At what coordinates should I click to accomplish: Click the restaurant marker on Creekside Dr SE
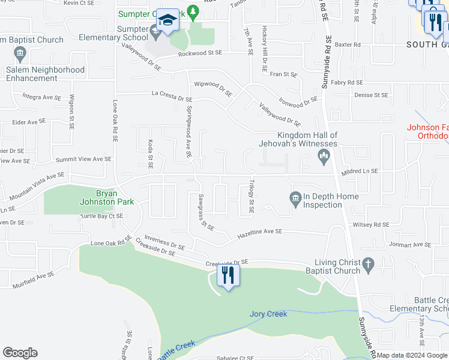click(228, 275)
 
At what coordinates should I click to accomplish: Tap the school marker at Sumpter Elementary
click(167, 21)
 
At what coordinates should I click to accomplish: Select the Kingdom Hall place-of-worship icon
click(324, 158)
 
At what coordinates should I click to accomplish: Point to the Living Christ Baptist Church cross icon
click(368, 264)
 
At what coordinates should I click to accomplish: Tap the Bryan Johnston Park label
click(107, 197)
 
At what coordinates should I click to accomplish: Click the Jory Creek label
click(268, 314)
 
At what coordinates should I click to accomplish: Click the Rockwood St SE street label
click(200, 53)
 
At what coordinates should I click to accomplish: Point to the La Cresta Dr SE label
click(172, 94)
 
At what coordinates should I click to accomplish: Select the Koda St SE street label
click(151, 154)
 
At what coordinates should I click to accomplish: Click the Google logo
click(20, 353)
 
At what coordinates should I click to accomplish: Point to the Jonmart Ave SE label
click(411, 245)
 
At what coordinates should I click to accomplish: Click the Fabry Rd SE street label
click(347, 82)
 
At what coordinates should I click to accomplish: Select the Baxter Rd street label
click(348, 44)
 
